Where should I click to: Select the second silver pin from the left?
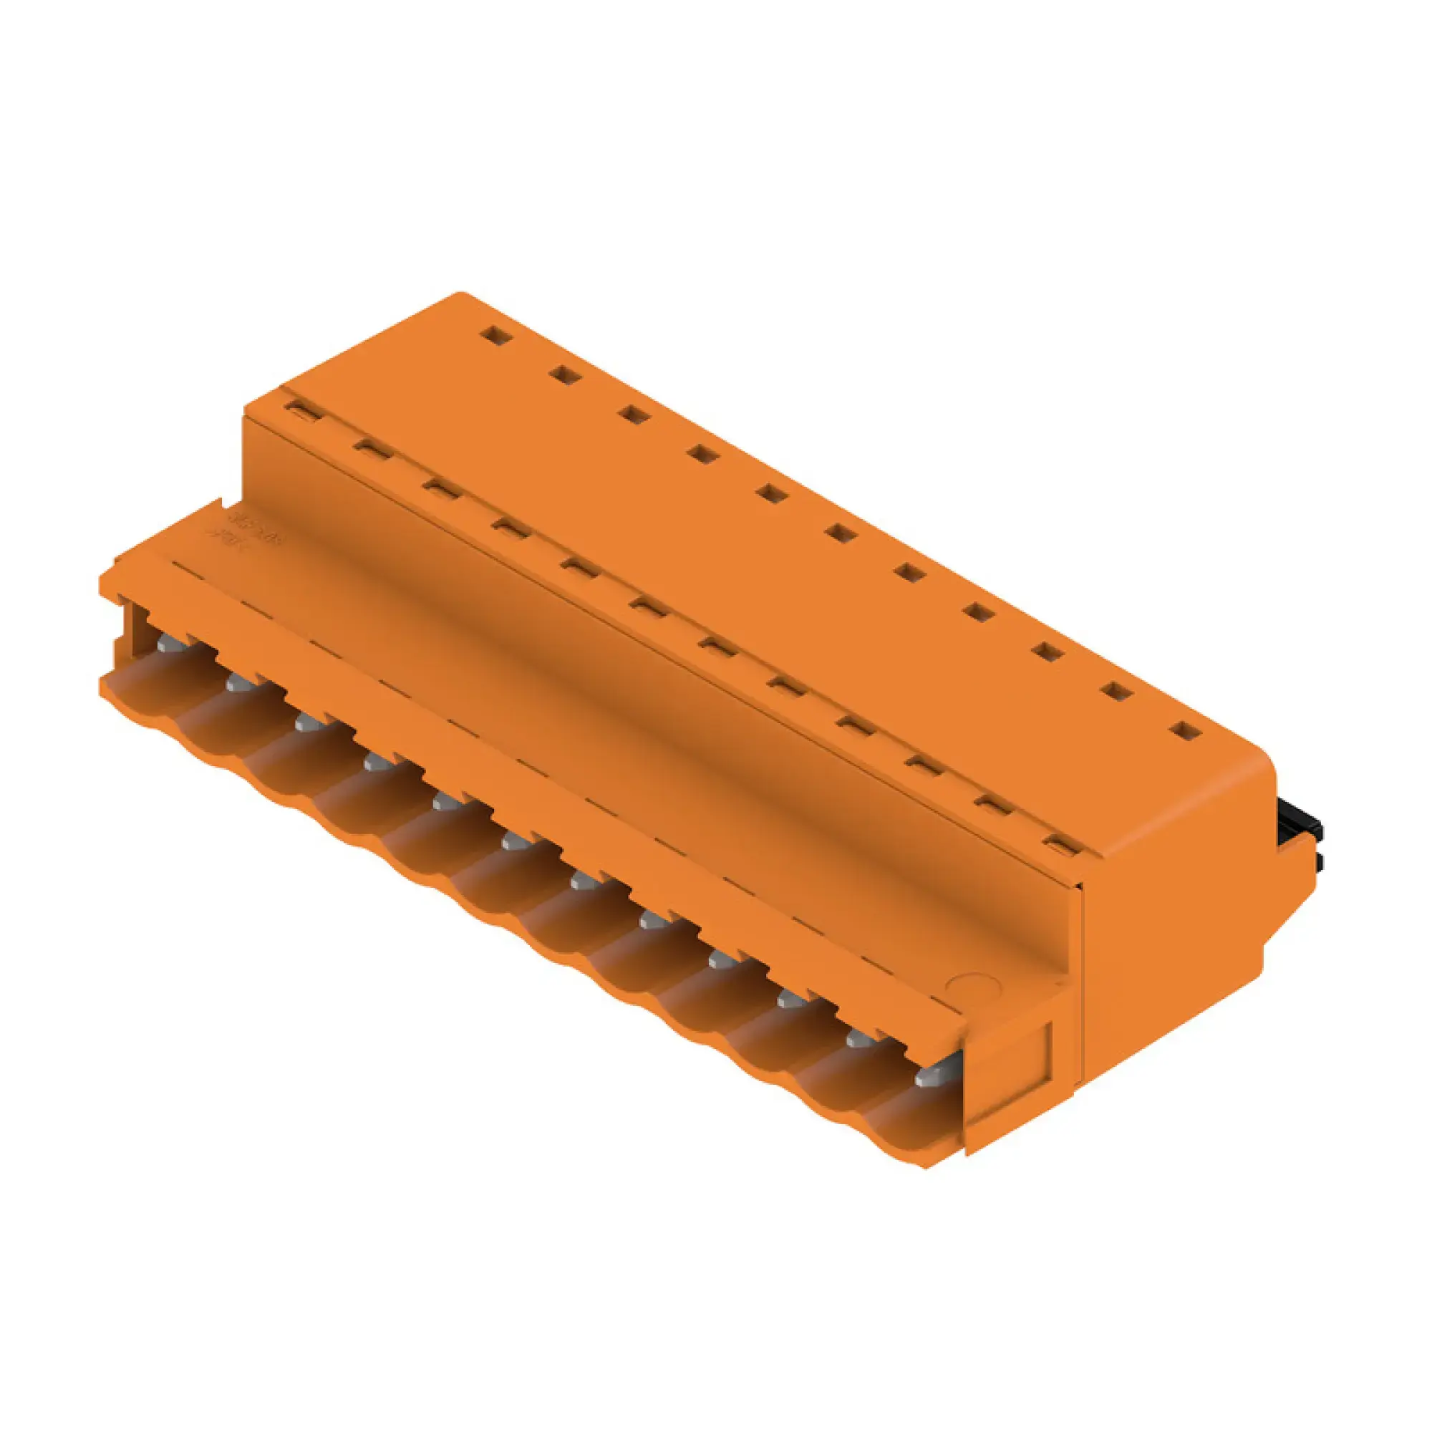pos(238,683)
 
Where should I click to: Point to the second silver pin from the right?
pos(860,1037)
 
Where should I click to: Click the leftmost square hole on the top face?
pos(496,336)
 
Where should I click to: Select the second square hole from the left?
pos(566,376)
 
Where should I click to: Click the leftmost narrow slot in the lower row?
pos(304,410)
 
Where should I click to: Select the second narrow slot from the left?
pos(373,449)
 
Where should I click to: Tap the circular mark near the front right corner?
pos(968,986)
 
